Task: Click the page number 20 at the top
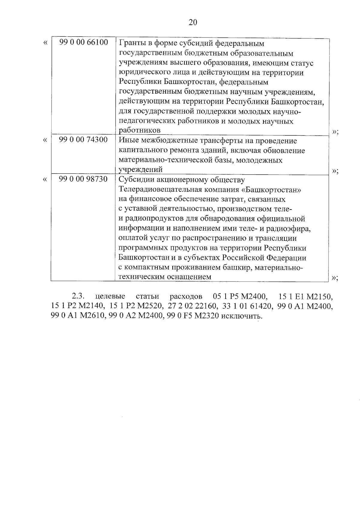click(193, 23)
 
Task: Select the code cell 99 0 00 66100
click(83, 42)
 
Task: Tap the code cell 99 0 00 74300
click(83, 140)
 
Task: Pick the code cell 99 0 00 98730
click(83, 179)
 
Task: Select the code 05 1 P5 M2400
click(240, 297)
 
